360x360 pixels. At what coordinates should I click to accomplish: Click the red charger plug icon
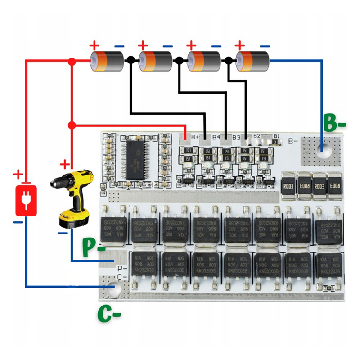26,200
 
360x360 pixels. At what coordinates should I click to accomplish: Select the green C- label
109,314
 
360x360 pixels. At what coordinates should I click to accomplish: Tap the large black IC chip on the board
136,159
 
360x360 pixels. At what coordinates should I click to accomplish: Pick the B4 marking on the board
216,136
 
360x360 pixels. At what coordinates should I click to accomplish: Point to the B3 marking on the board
236,136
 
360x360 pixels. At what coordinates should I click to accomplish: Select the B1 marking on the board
277,135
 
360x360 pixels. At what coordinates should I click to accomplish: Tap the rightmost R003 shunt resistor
334,184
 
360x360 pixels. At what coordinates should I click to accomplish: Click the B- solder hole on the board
323,149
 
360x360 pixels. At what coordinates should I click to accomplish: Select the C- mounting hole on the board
112,290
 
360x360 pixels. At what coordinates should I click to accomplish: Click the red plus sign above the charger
18,174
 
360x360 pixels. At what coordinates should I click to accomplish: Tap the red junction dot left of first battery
71,61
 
